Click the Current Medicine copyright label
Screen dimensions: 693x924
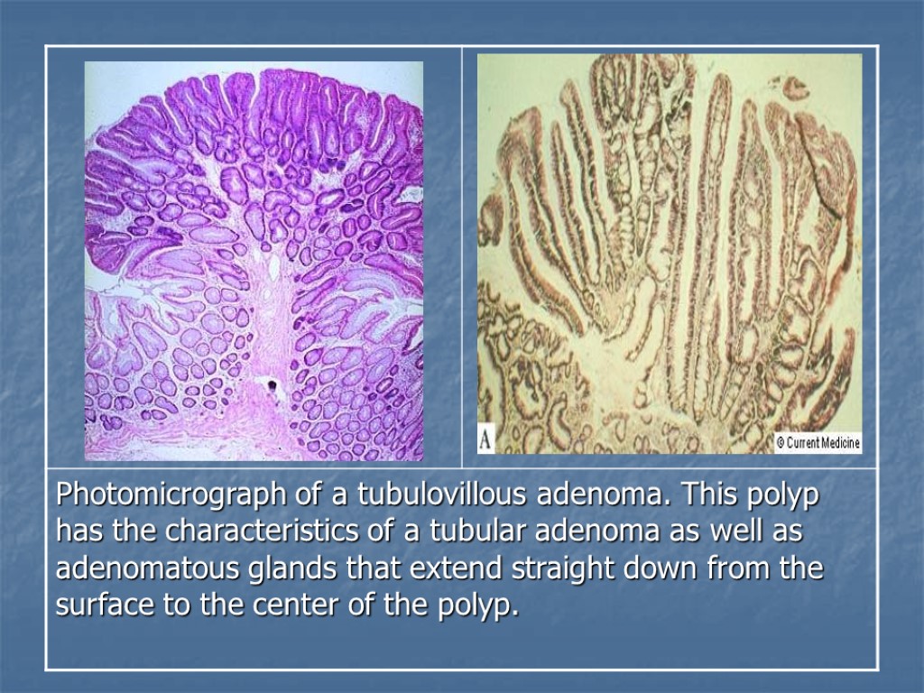(x=818, y=443)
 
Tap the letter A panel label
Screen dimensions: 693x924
(x=486, y=441)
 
